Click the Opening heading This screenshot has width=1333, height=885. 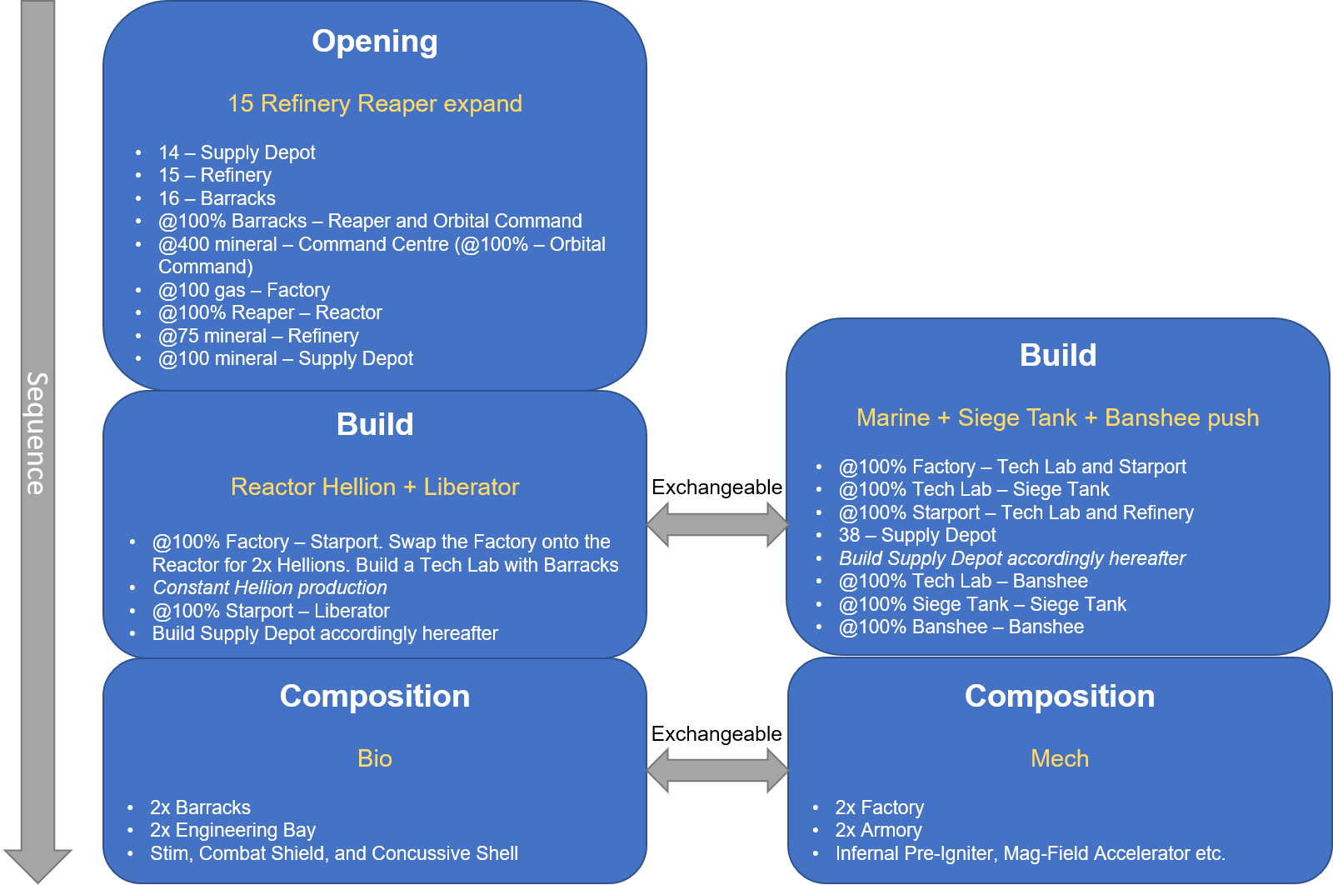(x=375, y=42)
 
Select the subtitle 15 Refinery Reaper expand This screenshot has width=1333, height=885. (x=375, y=103)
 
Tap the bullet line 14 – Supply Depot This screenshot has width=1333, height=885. (x=237, y=152)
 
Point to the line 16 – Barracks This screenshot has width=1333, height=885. (x=217, y=198)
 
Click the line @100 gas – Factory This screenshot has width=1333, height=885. (x=244, y=290)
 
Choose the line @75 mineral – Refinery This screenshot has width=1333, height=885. (x=258, y=336)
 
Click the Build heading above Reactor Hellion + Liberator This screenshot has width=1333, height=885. (x=375, y=424)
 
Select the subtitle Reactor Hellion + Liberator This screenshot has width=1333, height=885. (x=375, y=487)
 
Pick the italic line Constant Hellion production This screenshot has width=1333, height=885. (x=270, y=587)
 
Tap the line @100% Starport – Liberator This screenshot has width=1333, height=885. (x=271, y=611)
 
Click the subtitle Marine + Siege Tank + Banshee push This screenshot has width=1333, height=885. (x=1057, y=417)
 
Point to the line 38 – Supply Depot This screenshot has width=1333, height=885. (x=917, y=535)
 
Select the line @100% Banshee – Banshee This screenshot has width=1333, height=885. (x=961, y=627)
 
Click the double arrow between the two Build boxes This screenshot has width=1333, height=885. (x=716, y=524)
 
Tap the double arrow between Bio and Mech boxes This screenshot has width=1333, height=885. (x=716, y=770)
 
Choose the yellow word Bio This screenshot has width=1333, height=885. (x=375, y=758)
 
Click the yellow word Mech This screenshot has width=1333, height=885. (x=1060, y=758)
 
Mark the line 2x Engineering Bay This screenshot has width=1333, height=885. (x=232, y=830)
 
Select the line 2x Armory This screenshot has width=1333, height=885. (x=879, y=830)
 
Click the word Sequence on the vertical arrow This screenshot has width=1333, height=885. (x=37, y=433)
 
